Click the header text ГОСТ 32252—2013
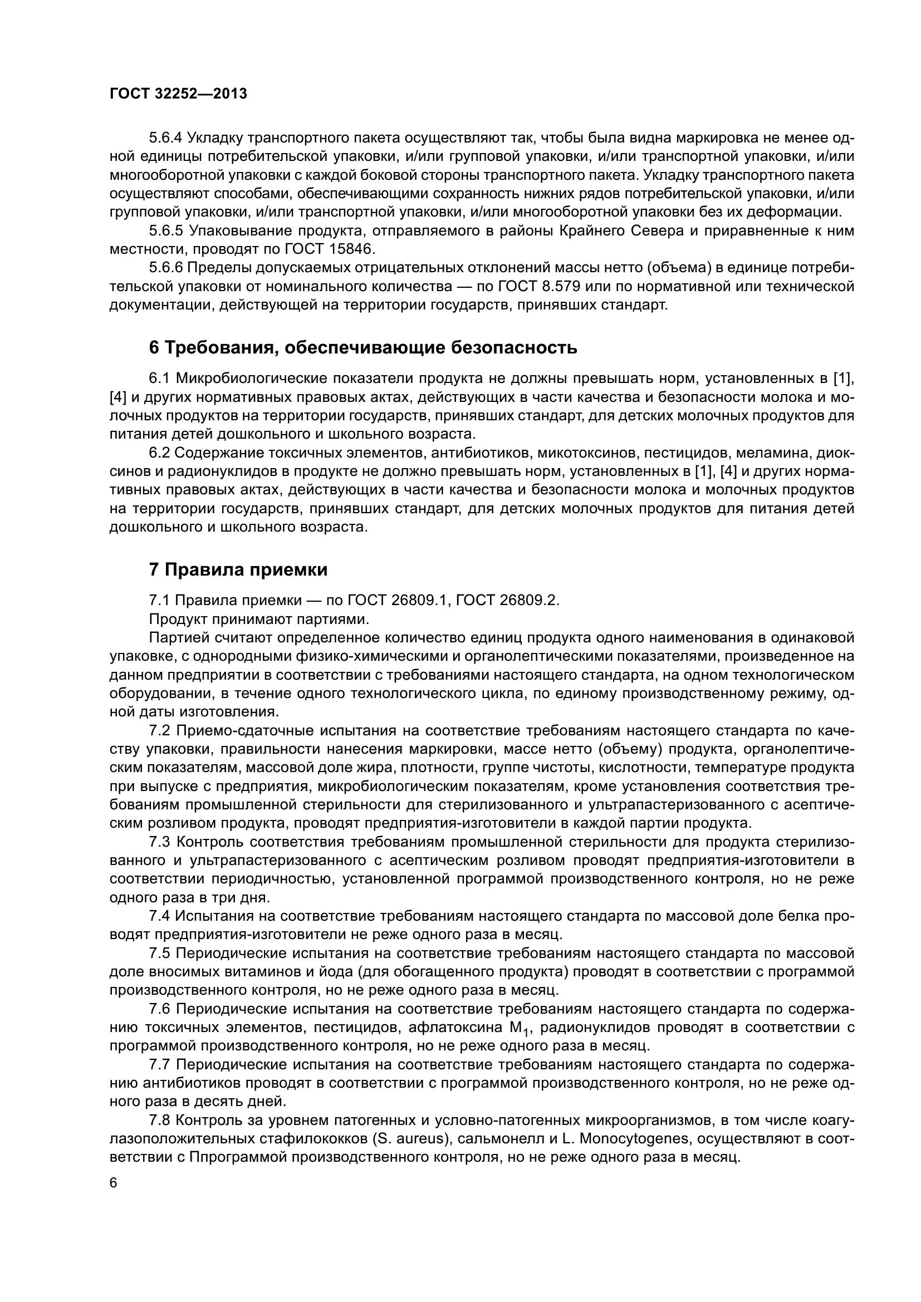(x=178, y=94)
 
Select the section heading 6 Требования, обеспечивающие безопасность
(x=363, y=347)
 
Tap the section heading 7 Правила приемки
(x=238, y=569)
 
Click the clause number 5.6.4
(x=165, y=138)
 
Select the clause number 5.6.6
(x=165, y=268)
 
